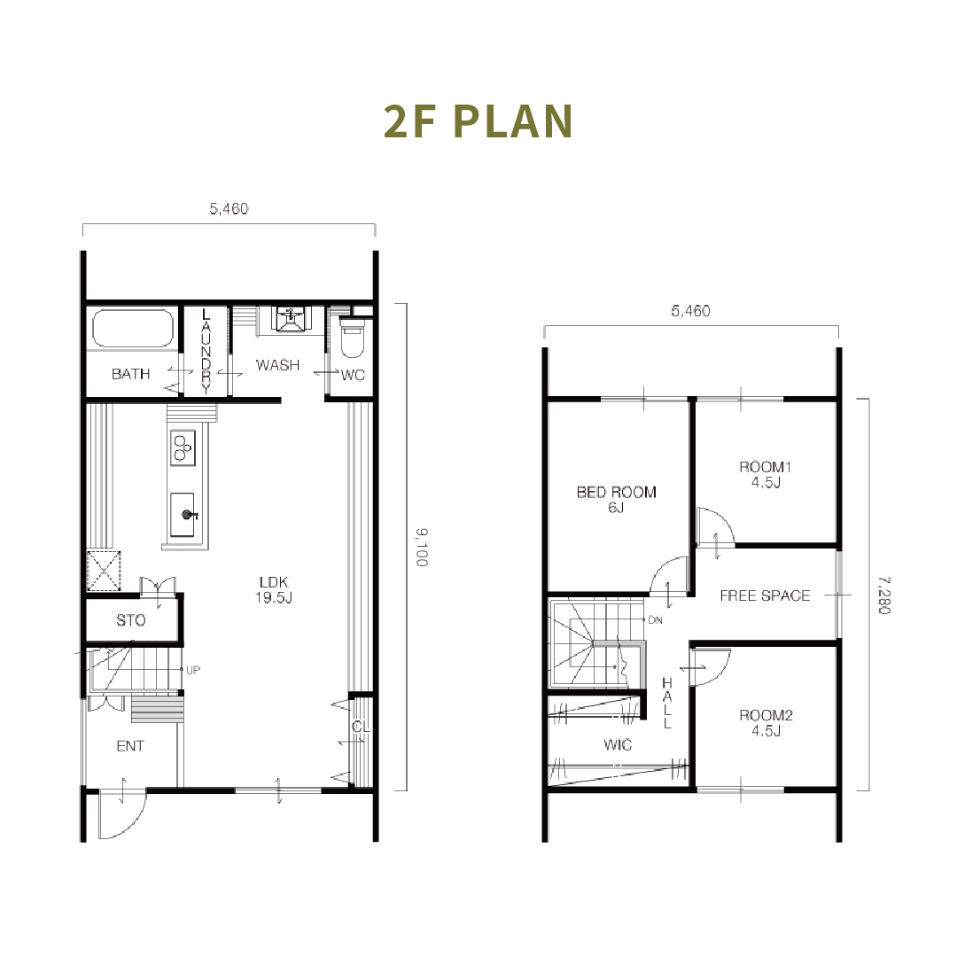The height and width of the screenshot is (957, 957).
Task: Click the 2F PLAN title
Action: (478, 121)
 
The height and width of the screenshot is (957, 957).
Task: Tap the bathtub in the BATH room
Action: (132, 329)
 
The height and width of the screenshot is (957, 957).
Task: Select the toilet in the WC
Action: (352, 338)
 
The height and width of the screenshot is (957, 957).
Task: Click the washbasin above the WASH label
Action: (292, 319)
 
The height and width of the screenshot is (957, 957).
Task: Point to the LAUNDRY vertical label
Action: (206, 351)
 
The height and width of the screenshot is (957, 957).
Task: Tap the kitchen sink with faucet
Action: (183, 515)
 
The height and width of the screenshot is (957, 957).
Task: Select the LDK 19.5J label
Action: (274, 589)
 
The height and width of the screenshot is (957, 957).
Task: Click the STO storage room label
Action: (131, 620)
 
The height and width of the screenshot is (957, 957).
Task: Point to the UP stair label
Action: (193, 670)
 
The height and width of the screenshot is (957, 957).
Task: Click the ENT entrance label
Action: (130, 746)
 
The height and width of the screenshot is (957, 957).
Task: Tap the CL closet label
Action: (361, 727)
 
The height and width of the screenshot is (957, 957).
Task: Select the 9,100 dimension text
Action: (423, 548)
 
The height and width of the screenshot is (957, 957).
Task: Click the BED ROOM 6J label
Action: (617, 499)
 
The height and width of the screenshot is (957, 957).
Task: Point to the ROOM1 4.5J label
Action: (766, 474)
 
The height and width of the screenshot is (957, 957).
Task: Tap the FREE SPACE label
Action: (765, 595)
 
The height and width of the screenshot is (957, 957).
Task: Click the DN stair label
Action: (655, 620)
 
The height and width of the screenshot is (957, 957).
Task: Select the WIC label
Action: (617, 744)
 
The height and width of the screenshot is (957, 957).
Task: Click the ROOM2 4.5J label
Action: (766, 723)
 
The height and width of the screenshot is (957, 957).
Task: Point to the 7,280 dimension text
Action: (883, 595)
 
